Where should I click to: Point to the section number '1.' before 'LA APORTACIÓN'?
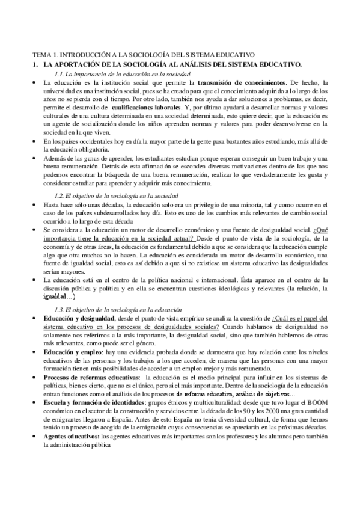pos(35,64)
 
